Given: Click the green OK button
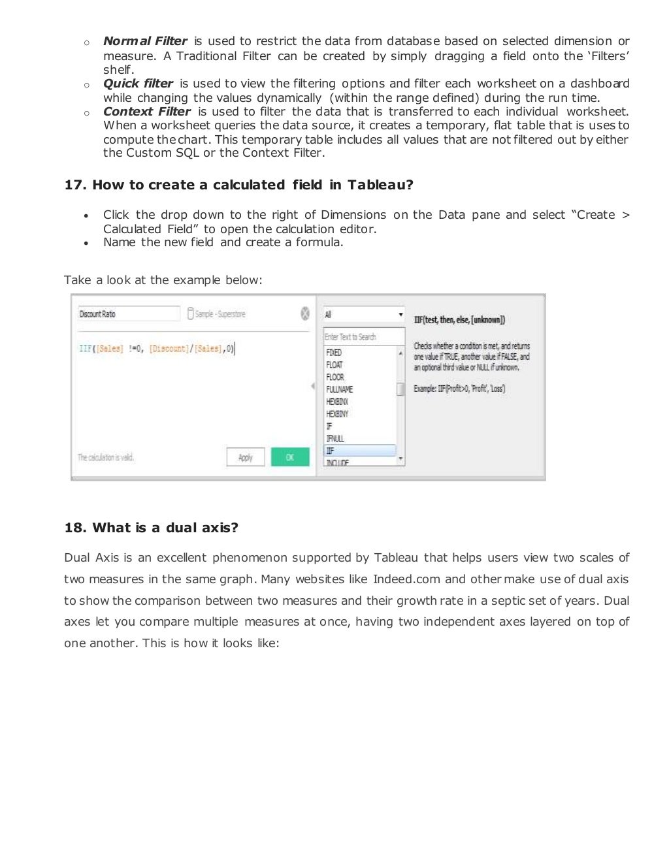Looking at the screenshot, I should pos(290,457).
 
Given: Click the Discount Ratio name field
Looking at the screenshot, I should pos(128,314).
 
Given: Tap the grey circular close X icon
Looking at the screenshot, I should pos(304,313).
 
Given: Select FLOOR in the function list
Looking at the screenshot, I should pos(334,377).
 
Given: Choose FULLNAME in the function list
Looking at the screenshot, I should pos(338,389).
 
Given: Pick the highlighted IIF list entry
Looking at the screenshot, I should pos(359,451).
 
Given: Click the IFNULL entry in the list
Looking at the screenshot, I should pos(334,438).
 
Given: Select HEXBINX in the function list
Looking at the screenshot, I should pos(337,402).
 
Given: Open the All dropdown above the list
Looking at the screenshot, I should pos(363,315).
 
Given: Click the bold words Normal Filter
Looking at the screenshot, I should pos(145,41).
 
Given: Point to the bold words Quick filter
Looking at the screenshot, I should pos(138,84).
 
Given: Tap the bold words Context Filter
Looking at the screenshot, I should pos(147,112).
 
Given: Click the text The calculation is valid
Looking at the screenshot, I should pos(106,457).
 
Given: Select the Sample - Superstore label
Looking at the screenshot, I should pos(220,314).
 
